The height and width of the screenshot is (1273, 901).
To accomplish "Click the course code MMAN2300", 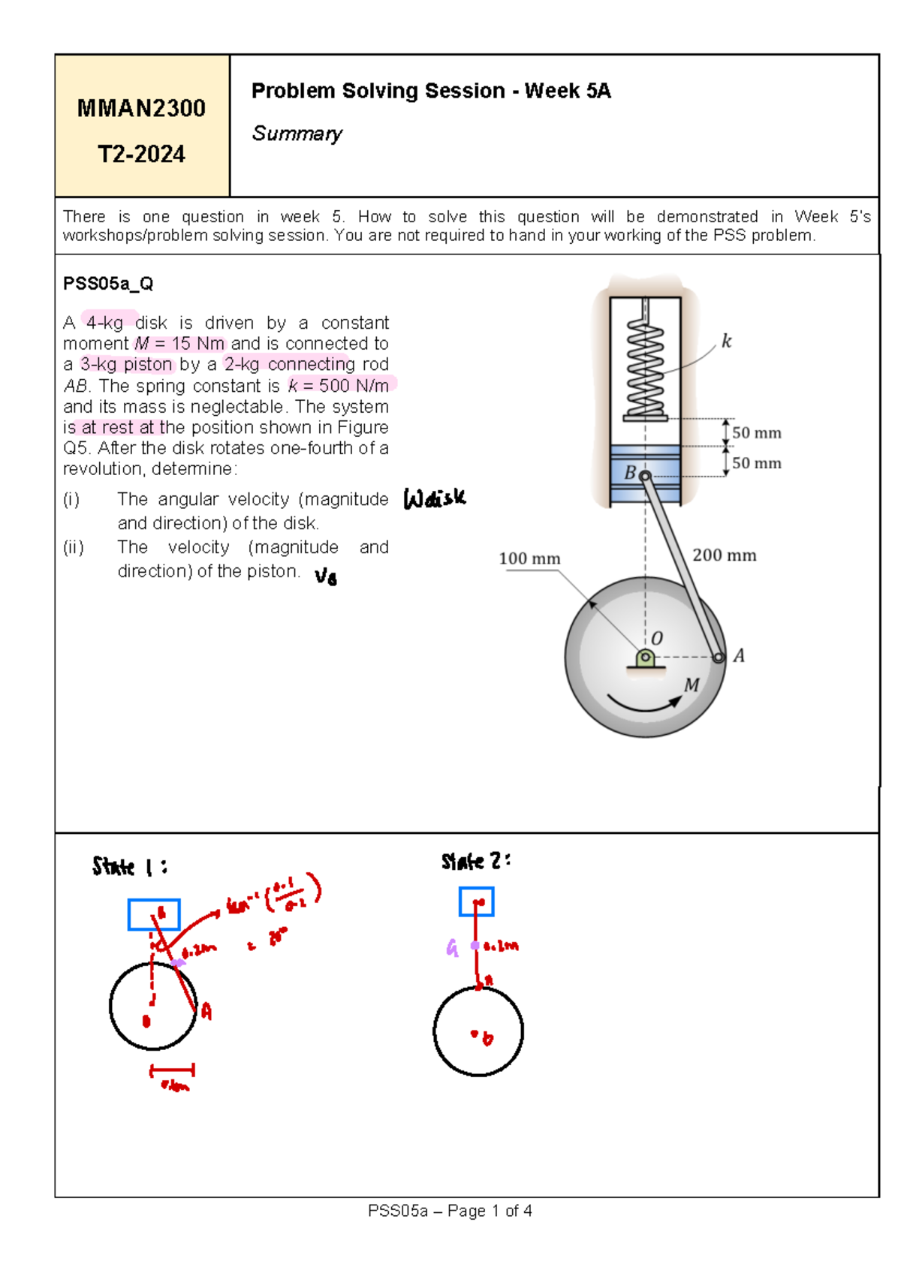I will pyautogui.click(x=141, y=108).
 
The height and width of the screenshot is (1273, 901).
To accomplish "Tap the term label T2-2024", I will pyautogui.click(x=141, y=154).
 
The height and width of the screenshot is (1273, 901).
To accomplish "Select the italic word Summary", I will pyautogui.click(x=297, y=134).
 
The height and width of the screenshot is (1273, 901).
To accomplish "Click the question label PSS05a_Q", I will pyautogui.click(x=108, y=284).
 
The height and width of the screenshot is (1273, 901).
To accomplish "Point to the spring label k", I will pyautogui.click(x=725, y=342).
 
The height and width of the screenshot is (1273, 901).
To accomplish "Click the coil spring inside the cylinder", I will pyautogui.click(x=645, y=368).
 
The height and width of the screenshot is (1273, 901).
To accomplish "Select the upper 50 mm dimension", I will pyautogui.click(x=756, y=433).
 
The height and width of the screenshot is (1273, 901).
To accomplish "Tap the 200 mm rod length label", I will pyautogui.click(x=724, y=555).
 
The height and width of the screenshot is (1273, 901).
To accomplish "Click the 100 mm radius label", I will pyautogui.click(x=529, y=558).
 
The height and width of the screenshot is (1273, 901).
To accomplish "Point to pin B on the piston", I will pyautogui.click(x=644, y=476).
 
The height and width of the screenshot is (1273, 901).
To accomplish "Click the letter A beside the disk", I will pyautogui.click(x=739, y=656).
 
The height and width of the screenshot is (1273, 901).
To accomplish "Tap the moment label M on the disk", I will pyautogui.click(x=692, y=685).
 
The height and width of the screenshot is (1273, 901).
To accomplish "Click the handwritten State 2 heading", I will pyautogui.click(x=476, y=861).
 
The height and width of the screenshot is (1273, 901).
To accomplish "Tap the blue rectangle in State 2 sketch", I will pyautogui.click(x=476, y=901).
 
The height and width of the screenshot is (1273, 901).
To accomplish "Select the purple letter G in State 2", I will pyautogui.click(x=452, y=948).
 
